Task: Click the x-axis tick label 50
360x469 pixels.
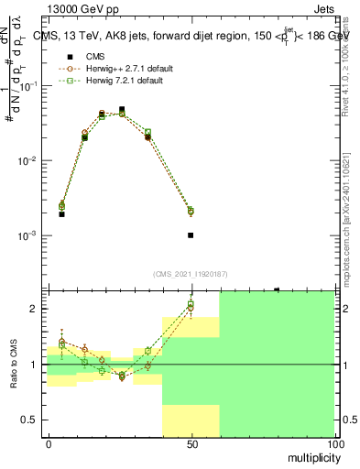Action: (x=191, y=443)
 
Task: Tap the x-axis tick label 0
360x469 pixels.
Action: (x=49, y=443)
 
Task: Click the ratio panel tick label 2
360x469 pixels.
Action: (x=35, y=309)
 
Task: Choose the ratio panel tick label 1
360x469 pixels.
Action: (x=35, y=365)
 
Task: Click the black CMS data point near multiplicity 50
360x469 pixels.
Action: (x=191, y=235)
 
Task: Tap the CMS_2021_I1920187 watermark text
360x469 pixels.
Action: (x=191, y=273)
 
